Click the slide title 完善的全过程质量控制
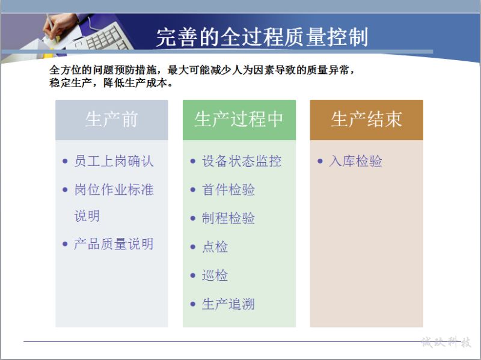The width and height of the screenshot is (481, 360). click(x=262, y=37)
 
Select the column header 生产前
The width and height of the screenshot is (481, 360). click(x=111, y=119)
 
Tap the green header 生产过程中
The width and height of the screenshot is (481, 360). click(x=239, y=119)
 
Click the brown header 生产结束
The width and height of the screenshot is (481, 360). click(x=366, y=119)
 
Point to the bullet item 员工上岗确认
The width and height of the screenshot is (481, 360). click(x=114, y=161)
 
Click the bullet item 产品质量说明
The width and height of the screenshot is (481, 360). click(x=114, y=244)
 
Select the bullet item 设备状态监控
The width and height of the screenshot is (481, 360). click(x=242, y=161)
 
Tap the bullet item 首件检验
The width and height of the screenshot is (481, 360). click(x=228, y=189)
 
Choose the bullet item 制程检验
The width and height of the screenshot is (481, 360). click(x=228, y=218)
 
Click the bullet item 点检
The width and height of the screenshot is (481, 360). click(x=215, y=246)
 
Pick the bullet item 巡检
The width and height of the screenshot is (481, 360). click(x=215, y=275)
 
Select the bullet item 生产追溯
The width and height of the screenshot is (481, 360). click(x=228, y=304)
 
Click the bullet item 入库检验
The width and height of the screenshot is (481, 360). click(x=355, y=161)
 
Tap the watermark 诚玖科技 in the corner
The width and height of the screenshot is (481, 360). click(x=446, y=342)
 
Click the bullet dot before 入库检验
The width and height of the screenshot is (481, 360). click(x=320, y=161)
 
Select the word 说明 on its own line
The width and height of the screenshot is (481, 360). click(x=87, y=216)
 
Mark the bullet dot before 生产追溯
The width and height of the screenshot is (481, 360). click(x=192, y=304)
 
